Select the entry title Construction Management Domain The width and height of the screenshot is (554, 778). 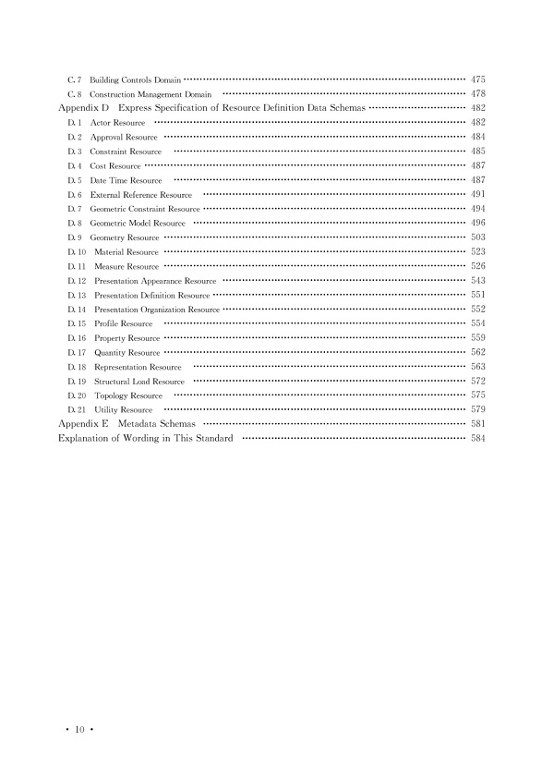tap(151, 95)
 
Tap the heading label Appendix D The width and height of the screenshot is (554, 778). tap(84, 108)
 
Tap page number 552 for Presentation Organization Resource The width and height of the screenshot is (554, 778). tap(477, 310)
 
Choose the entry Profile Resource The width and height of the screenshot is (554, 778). tap(124, 324)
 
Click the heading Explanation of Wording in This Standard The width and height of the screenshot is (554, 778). tap(145, 438)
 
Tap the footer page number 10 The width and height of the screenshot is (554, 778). tap(80, 730)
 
